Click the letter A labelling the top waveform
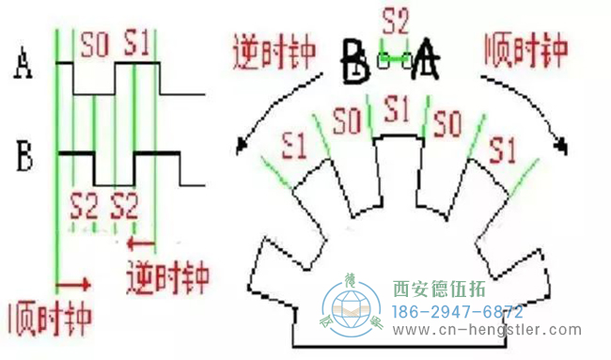pyautogui.click(x=23, y=67)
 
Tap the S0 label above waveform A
pyautogui.click(x=94, y=44)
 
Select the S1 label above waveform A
pyautogui.click(x=138, y=44)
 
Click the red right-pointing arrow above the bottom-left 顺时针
pyautogui.click(x=74, y=282)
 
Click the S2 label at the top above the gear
pyautogui.click(x=396, y=18)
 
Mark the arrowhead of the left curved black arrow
pyautogui.click(x=243, y=147)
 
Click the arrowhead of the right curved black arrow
pyautogui.click(x=563, y=145)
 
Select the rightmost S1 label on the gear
pyautogui.click(x=501, y=148)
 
